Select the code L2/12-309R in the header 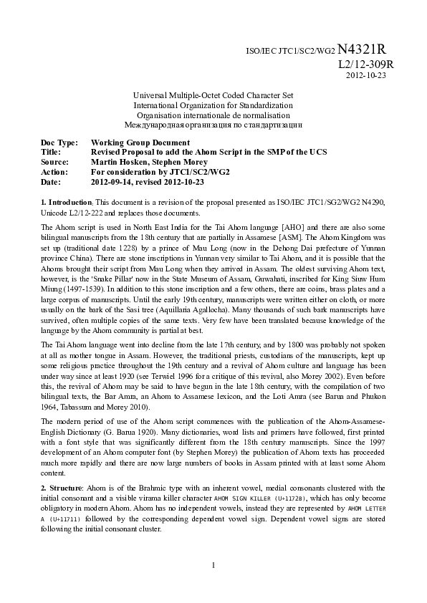(365, 64)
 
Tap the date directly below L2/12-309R (365, 75)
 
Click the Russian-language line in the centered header (214, 124)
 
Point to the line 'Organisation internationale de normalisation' (214, 115)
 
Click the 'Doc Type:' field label (58, 143)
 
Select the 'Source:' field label (54, 163)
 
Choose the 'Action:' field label (54, 172)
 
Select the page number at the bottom (214, 586)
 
